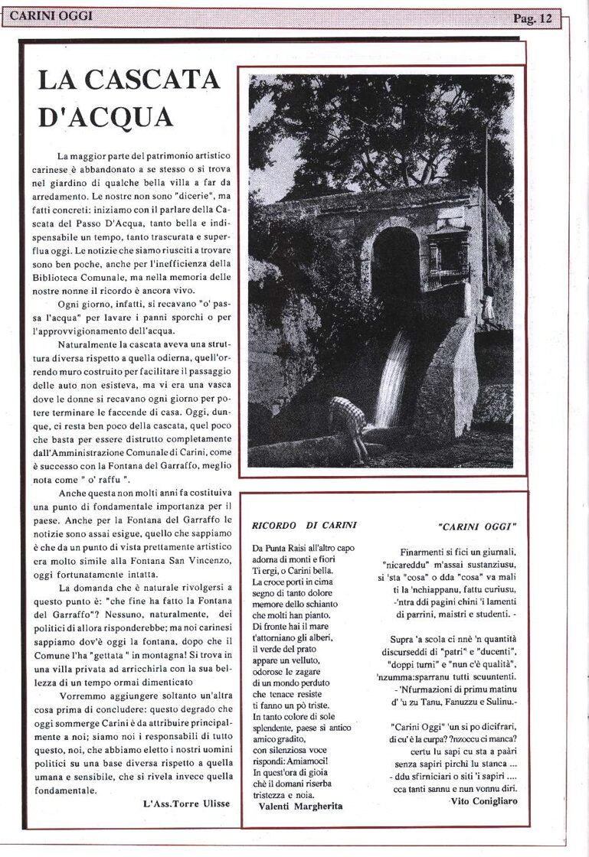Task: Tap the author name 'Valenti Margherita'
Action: point(300,806)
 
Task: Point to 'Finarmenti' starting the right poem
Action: point(425,552)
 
